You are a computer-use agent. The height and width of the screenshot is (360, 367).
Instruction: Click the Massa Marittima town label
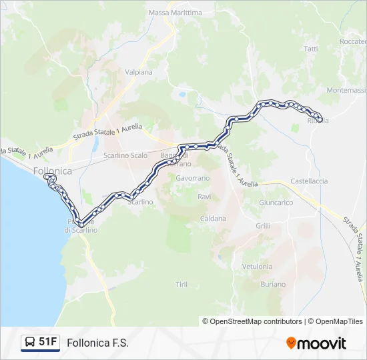pyautogui.click(x=175, y=13)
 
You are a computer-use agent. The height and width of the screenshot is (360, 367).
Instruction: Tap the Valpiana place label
pyautogui.click(x=139, y=72)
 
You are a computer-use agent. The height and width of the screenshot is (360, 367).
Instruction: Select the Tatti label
pyautogui.click(x=311, y=49)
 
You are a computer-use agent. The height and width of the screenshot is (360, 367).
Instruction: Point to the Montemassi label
pyautogui.click(x=347, y=90)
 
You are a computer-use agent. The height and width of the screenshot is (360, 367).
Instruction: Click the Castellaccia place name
pyautogui.click(x=309, y=181)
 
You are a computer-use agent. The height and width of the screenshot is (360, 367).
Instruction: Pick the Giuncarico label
pyautogui.click(x=276, y=202)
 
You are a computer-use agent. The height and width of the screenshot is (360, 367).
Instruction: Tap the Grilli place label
pyautogui.click(x=263, y=226)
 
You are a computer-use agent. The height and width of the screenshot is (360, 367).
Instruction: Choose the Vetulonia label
pyautogui.click(x=257, y=266)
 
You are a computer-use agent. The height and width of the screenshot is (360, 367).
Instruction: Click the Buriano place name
pyautogui.click(x=274, y=284)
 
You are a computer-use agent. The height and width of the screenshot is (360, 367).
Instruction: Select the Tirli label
pyautogui.click(x=181, y=285)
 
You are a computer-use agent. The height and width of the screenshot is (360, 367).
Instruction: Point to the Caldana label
pyautogui.click(x=213, y=218)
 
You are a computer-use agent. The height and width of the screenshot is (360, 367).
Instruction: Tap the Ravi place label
pyautogui.click(x=204, y=197)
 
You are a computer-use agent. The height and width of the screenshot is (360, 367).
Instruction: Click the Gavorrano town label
pyautogui.click(x=192, y=179)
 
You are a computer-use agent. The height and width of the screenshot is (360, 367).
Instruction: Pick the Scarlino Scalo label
pyautogui.click(x=125, y=155)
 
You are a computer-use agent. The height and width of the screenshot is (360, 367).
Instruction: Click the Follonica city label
pyautogui.click(x=52, y=171)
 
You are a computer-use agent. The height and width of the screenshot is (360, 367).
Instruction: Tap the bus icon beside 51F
pyautogui.click(x=30, y=343)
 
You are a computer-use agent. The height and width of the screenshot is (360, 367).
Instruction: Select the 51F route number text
pyautogui.click(x=48, y=342)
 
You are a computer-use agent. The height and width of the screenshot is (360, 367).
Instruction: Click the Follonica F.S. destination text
pyautogui.click(x=98, y=343)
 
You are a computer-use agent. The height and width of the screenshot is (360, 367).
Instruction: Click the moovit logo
pyautogui.click(x=316, y=343)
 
